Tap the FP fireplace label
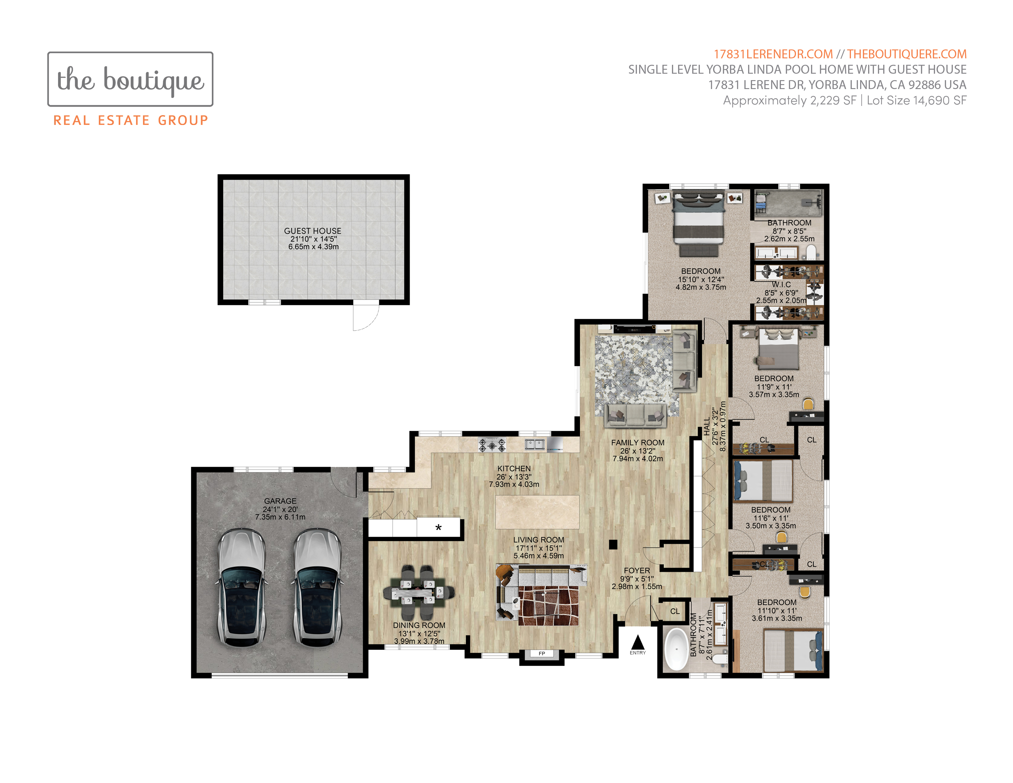pyautogui.click(x=542, y=654)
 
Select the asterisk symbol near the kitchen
pyautogui.click(x=438, y=528)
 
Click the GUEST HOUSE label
pyautogui.click(x=312, y=231)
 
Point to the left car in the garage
pyautogui.click(x=242, y=587)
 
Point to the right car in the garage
pyautogui.click(x=317, y=587)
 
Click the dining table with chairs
pyautogui.click(x=418, y=592)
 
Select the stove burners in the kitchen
pyautogui.click(x=492, y=445)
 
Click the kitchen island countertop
pyautogui.click(x=537, y=512)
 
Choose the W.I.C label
pyautogui.click(x=781, y=284)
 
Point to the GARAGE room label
pyautogui.click(x=280, y=501)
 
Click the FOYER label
pyautogui.click(x=637, y=571)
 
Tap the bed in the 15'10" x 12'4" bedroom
pyautogui.click(x=699, y=224)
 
